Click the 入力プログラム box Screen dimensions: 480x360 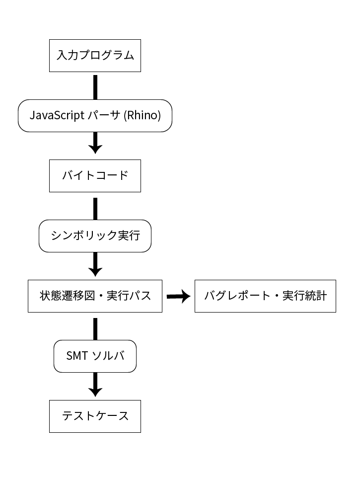point(95,55)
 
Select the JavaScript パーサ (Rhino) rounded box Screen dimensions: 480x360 point(95,116)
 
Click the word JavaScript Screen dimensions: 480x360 point(56,116)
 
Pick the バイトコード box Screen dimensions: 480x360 point(95,175)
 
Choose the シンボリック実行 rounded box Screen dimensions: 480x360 point(95,236)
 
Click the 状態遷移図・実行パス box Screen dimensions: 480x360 point(95,296)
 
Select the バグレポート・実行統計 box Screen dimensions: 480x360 point(265,296)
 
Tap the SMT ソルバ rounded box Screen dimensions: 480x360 point(95,356)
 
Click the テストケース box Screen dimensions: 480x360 point(95,416)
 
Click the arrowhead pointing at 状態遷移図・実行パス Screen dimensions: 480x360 point(95,271)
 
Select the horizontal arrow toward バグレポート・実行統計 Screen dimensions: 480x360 point(179,297)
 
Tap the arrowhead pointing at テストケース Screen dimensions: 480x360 point(95,391)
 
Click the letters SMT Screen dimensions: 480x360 point(77,356)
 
